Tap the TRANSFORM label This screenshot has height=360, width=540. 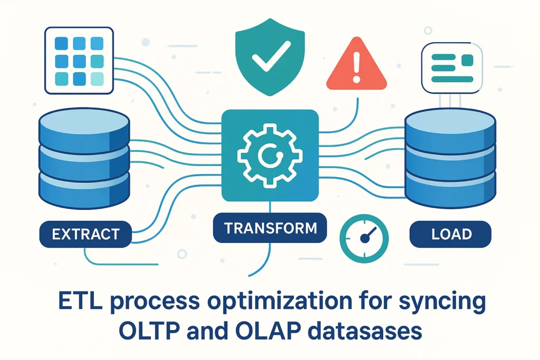click(270, 229)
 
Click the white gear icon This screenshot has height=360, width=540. click(269, 153)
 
